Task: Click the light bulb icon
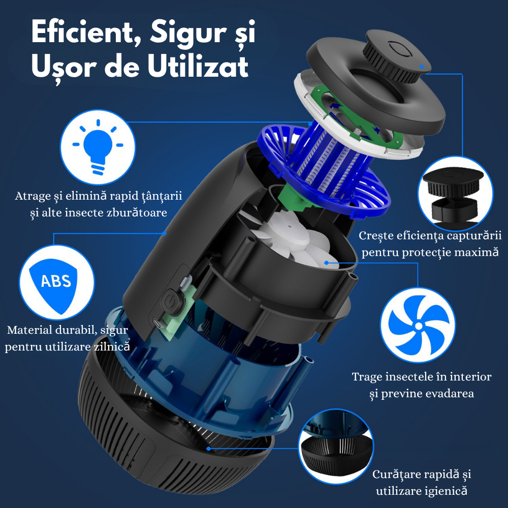[98, 147]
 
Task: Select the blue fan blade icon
[418, 325]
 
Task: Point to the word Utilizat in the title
[198, 67]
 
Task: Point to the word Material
[29, 330]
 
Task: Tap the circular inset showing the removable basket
[336, 447]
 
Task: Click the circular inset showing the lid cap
[455, 194]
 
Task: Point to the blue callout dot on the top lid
[422, 67]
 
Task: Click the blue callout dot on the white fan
[326, 263]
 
